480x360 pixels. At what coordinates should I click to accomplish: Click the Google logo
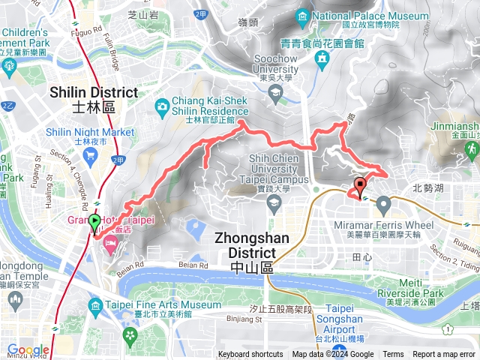tap(28, 350)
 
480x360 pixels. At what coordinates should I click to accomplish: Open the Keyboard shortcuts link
tap(250, 355)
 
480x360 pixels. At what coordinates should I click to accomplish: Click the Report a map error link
tap(445, 355)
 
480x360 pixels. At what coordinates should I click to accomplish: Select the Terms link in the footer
tap(393, 355)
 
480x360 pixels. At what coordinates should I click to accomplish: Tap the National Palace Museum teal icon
tap(301, 16)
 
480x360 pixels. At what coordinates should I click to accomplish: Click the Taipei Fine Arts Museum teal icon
tap(94, 306)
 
